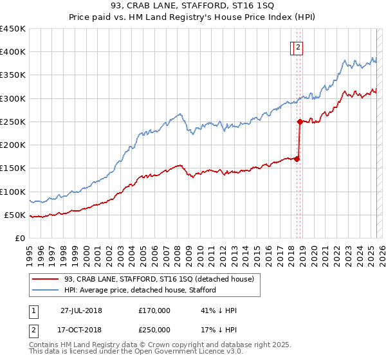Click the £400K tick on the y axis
coord(12,52)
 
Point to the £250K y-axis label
coord(12,122)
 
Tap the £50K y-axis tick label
coord(15,215)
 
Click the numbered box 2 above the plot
coord(299,46)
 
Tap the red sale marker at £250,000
coord(300,122)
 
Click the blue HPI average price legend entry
coord(140,290)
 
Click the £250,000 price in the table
coord(154,330)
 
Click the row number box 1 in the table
coord(33,310)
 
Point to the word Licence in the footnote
coord(178,352)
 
